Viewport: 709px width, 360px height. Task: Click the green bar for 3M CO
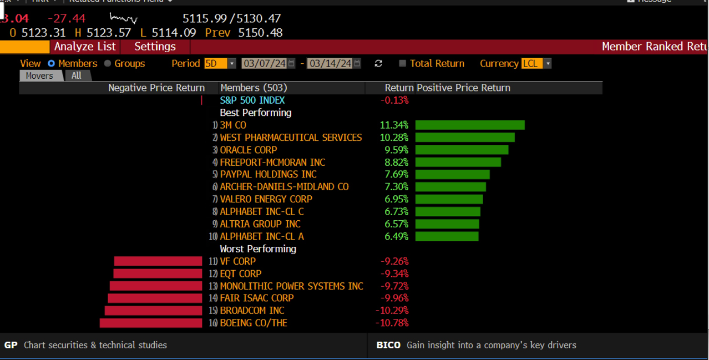click(x=469, y=125)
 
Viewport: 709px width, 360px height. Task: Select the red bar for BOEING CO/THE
click(x=151, y=323)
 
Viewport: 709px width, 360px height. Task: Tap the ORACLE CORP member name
click(x=248, y=150)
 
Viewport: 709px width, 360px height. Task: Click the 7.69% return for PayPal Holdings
click(x=396, y=175)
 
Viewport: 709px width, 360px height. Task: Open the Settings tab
click(x=155, y=47)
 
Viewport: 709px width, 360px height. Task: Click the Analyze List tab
click(x=85, y=47)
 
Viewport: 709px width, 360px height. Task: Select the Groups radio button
click(x=108, y=64)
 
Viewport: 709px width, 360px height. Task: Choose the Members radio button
click(x=51, y=64)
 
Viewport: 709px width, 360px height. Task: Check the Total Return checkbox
click(x=403, y=64)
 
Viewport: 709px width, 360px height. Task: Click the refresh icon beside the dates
click(x=378, y=64)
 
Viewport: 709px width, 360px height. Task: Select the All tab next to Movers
click(x=76, y=76)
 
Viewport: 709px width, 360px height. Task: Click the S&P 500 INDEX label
click(x=252, y=100)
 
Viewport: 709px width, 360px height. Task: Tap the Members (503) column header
click(x=254, y=88)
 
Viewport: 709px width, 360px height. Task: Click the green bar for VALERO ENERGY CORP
click(x=449, y=199)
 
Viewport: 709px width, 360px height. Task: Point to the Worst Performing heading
click(x=257, y=249)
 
